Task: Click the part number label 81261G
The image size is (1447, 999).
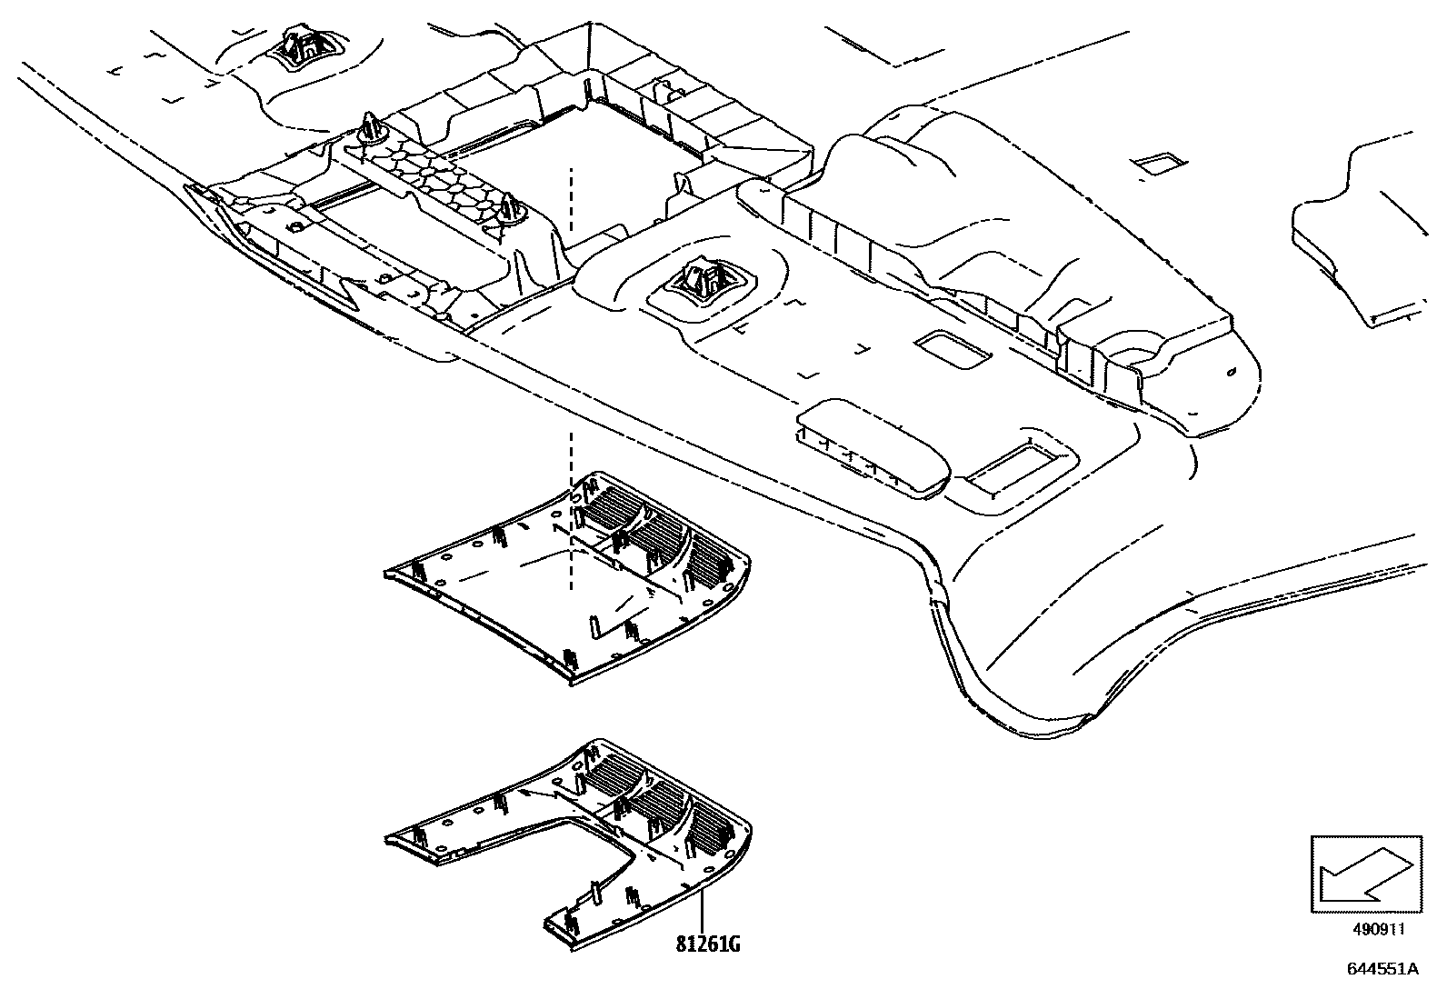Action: tap(708, 944)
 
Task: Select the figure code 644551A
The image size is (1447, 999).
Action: tap(1382, 969)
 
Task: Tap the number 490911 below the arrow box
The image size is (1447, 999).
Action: tap(1379, 929)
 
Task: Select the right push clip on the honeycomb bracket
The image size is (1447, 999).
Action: tap(510, 208)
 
